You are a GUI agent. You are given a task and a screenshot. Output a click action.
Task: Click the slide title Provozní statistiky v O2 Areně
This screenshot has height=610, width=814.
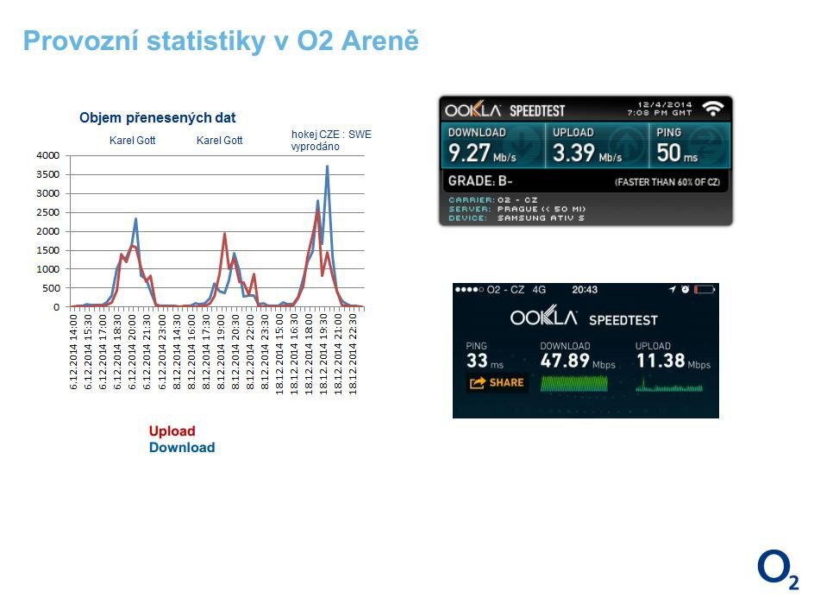(x=221, y=41)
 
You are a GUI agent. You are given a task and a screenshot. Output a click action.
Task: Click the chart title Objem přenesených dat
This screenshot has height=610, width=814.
(x=157, y=118)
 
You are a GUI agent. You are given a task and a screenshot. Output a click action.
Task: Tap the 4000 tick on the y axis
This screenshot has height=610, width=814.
(x=47, y=155)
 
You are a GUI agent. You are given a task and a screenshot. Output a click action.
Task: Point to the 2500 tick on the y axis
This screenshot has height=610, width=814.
(x=47, y=212)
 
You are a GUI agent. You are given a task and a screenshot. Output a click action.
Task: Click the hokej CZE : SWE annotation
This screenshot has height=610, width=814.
(x=330, y=135)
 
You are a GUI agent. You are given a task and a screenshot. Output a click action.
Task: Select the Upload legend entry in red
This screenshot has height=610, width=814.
(x=172, y=431)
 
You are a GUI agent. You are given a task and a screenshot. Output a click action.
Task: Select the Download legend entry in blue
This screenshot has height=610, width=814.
(x=181, y=448)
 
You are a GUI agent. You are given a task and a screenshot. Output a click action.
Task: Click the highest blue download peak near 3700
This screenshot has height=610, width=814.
(x=327, y=167)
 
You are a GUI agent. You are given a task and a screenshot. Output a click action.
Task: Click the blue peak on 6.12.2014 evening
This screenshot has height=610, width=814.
(x=135, y=220)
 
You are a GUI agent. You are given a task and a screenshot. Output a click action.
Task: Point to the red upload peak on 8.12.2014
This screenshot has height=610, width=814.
(x=224, y=234)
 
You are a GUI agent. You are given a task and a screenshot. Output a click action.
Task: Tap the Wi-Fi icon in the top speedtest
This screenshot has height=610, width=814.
(x=712, y=109)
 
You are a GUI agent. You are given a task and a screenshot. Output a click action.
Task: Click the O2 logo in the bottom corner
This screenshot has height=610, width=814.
(x=777, y=571)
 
